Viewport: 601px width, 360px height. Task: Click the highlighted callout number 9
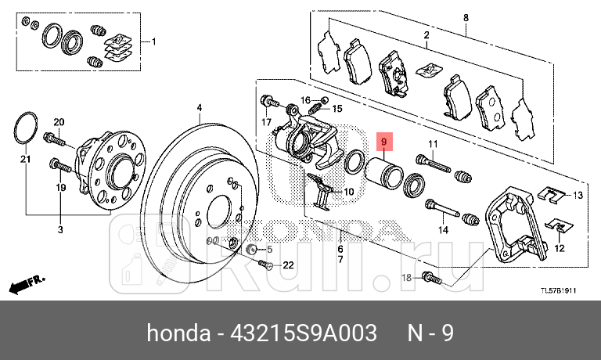[384, 142]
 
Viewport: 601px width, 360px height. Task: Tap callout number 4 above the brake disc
[199, 108]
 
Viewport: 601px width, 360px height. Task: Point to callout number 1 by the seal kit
[153, 41]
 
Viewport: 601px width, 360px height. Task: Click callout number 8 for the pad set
[466, 17]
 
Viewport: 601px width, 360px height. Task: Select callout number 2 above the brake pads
[426, 35]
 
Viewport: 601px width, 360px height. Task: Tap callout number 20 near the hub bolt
[58, 122]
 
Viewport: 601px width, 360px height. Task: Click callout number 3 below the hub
[60, 229]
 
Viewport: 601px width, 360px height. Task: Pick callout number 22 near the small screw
[288, 265]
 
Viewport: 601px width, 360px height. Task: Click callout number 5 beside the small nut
[270, 250]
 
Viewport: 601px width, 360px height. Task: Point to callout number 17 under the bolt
[266, 122]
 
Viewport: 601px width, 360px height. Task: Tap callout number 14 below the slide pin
[443, 229]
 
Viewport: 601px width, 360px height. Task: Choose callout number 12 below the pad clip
[559, 248]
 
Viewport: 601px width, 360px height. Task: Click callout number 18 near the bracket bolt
[405, 278]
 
